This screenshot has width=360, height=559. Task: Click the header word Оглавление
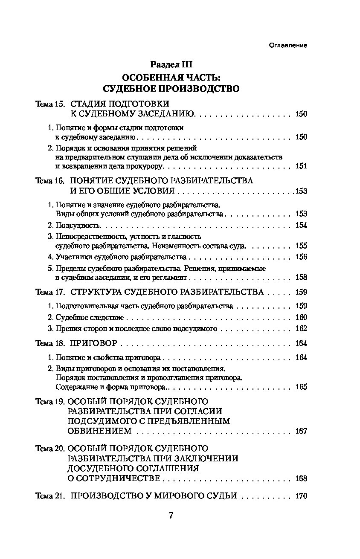(x=288, y=45)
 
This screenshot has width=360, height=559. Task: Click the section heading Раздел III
(x=171, y=64)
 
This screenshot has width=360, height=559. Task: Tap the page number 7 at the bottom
(x=171, y=515)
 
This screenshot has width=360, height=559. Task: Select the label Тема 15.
(x=50, y=104)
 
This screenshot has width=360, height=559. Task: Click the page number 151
(x=301, y=166)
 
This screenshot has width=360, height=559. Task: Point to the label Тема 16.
(x=50, y=180)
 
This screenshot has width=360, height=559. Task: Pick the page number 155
(x=301, y=246)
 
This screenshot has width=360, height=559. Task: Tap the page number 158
(x=301, y=278)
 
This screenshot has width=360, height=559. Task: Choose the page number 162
(x=301, y=329)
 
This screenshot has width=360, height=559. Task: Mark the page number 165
(x=301, y=387)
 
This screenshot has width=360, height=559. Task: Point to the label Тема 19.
(x=50, y=401)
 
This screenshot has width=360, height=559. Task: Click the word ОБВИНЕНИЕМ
(x=100, y=431)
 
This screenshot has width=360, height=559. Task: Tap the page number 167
(x=301, y=431)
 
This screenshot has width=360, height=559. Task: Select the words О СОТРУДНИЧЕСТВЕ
(x=114, y=478)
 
